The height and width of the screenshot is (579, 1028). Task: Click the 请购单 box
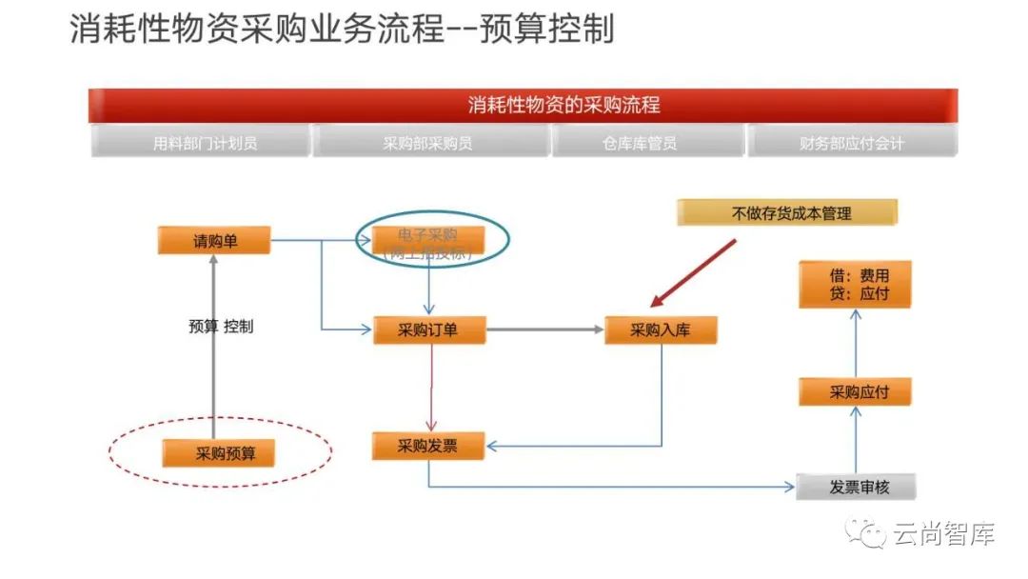pos(214,241)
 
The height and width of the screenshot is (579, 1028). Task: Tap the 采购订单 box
pos(428,329)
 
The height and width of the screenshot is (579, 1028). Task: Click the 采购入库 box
pos(660,329)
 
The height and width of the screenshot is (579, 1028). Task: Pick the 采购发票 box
pos(428,445)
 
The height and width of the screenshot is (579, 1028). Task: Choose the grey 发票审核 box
pos(858,488)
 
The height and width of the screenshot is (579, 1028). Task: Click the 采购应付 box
pos(856,391)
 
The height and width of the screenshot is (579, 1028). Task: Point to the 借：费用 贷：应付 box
pos(856,285)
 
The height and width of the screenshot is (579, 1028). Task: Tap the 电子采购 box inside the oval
pos(429,241)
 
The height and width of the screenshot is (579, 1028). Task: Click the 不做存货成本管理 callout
pos(786,213)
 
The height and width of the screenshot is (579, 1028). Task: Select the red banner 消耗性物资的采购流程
pos(523,105)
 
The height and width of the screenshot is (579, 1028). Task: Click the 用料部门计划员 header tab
pos(202,143)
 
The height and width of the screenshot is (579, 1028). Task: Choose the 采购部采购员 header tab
pos(431,143)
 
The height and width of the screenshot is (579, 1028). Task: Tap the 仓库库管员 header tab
pos(648,143)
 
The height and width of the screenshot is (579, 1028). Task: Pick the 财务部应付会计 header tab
pos(852,143)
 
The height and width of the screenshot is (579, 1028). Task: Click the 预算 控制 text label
pos(221,327)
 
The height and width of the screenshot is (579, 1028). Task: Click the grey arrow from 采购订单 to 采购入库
pos(544,330)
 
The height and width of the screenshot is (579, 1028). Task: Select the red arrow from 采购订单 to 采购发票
pos(432,386)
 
